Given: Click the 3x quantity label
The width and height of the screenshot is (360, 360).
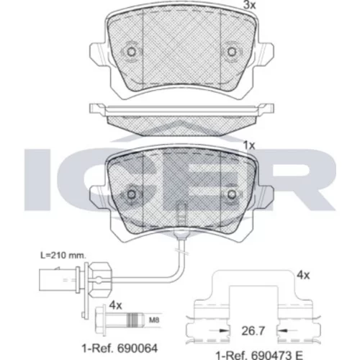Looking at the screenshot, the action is (x=250, y=5).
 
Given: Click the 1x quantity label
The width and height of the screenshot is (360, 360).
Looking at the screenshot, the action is (x=249, y=145).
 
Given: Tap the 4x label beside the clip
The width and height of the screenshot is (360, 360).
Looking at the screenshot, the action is (x=303, y=275).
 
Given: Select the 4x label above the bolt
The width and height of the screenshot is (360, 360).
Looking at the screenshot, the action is (x=115, y=305).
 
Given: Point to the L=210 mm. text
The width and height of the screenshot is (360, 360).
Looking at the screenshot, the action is (x=63, y=256).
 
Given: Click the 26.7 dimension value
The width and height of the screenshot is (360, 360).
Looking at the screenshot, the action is (x=253, y=331).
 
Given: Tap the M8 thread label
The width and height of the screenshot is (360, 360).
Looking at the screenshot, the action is (x=154, y=320).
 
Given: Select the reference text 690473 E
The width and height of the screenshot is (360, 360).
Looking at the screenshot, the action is (x=276, y=356).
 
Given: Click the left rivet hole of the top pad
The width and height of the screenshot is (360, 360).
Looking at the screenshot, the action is (x=131, y=51).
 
